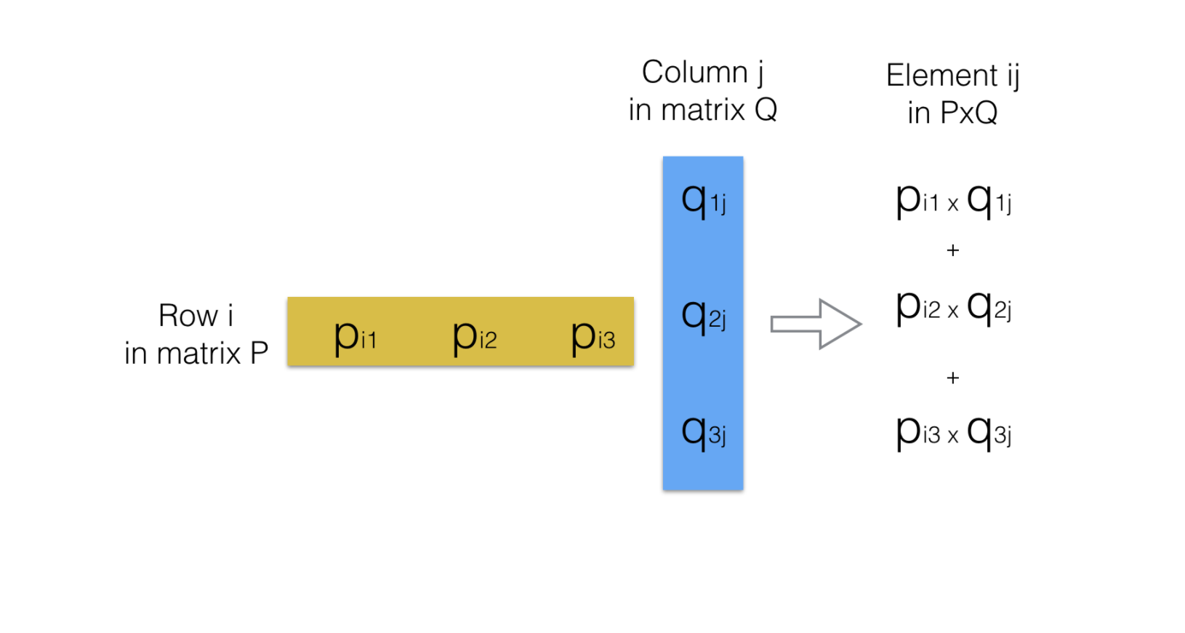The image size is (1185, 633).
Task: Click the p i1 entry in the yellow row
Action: click(355, 337)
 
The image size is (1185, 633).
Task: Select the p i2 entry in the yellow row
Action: click(474, 337)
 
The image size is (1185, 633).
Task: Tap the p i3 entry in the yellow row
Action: click(592, 337)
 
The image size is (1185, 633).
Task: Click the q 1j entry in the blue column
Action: click(703, 199)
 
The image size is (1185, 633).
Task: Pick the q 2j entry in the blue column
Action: click(703, 316)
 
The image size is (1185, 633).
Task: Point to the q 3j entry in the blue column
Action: click(703, 432)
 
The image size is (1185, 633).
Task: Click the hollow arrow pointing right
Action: click(816, 324)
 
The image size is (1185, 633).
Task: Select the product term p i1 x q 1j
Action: click(953, 200)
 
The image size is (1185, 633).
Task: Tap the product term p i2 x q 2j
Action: click(953, 307)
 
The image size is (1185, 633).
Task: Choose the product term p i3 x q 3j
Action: click(953, 432)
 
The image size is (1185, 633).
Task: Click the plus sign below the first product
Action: click(953, 250)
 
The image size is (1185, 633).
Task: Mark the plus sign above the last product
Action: click(953, 378)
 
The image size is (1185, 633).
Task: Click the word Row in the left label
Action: click(188, 316)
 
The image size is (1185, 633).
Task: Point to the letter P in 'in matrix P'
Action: click(260, 354)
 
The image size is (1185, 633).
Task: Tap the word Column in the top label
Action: click(694, 72)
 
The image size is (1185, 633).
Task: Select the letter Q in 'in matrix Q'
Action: click(766, 110)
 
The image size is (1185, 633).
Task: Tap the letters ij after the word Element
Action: click(1013, 76)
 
